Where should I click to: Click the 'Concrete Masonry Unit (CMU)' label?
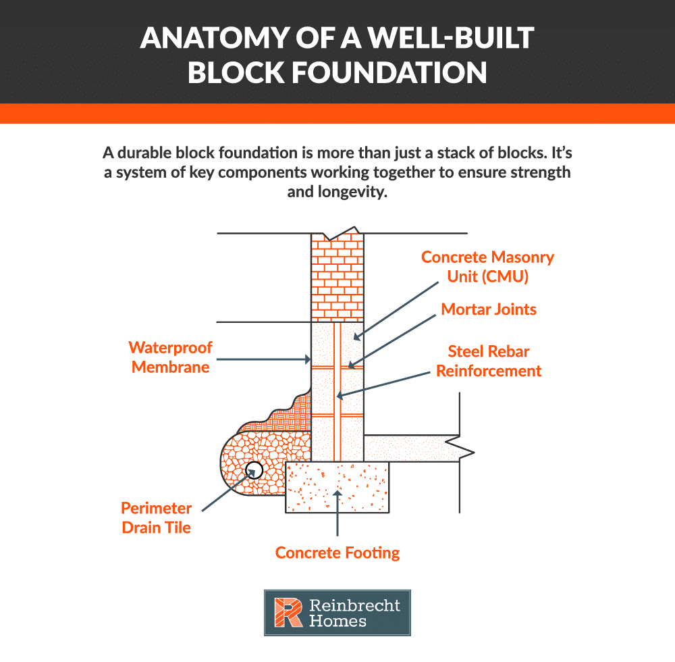(487, 266)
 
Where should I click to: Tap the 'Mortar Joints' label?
(489, 309)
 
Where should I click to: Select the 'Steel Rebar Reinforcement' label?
(489, 361)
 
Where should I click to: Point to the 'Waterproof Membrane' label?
(171, 357)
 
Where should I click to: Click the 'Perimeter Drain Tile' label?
(157, 517)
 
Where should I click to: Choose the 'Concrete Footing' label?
(337, 553)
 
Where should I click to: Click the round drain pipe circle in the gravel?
(254, 469)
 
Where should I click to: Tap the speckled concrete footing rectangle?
(337, 486)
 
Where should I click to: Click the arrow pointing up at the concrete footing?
(337, 517)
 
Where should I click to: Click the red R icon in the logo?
(286, 613)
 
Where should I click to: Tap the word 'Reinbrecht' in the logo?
(354, 605)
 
